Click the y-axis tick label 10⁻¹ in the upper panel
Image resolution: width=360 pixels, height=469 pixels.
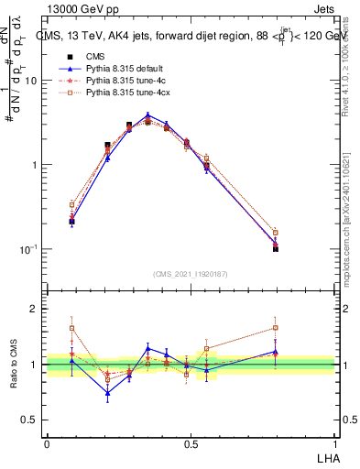(29, 249)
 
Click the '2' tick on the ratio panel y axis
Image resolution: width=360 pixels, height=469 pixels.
(35, 310)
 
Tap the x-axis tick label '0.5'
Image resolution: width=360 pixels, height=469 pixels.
(190, 442)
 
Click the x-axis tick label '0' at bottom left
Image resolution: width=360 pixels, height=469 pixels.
(47, 442)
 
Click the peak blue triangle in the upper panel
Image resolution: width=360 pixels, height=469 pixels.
(147, 115)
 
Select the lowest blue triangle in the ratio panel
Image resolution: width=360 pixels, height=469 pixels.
(107, 393)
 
